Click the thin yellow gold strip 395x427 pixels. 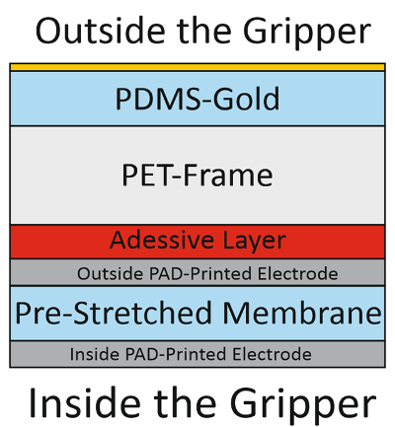pos(197,67)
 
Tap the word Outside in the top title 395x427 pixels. pos(100,31)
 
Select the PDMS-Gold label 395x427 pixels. pos(197,99)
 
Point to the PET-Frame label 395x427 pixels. pos(197,175)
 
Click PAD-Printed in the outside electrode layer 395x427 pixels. pos(201,273)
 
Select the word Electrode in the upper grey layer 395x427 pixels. pos(298,273)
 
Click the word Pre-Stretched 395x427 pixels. pos(114,313)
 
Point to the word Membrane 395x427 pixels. pos(302,313)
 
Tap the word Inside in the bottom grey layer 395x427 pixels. pos(95,354)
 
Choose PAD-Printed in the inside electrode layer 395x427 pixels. pos(177,354)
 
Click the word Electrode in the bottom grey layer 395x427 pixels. pos(272,354)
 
